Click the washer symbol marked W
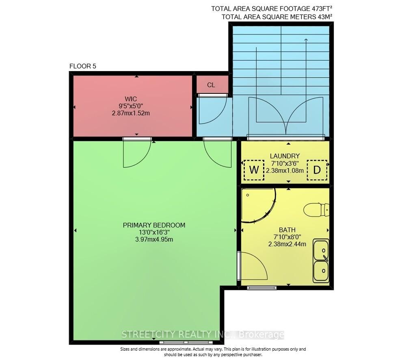coord(254,170)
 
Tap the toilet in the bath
coord(316,210)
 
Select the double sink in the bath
coord(321,260)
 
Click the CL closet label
coord(211,85)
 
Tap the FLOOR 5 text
coord(83,66)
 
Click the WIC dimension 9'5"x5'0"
coord(131,106)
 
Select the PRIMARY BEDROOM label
coord(154,225)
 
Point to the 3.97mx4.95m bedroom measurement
coord(154,239)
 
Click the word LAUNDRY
coord(285,156)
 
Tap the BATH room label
coord(287,230)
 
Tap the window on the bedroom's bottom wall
coord(186,343)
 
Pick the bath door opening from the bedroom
coord(252,266)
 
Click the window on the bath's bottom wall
coord(262,288)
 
